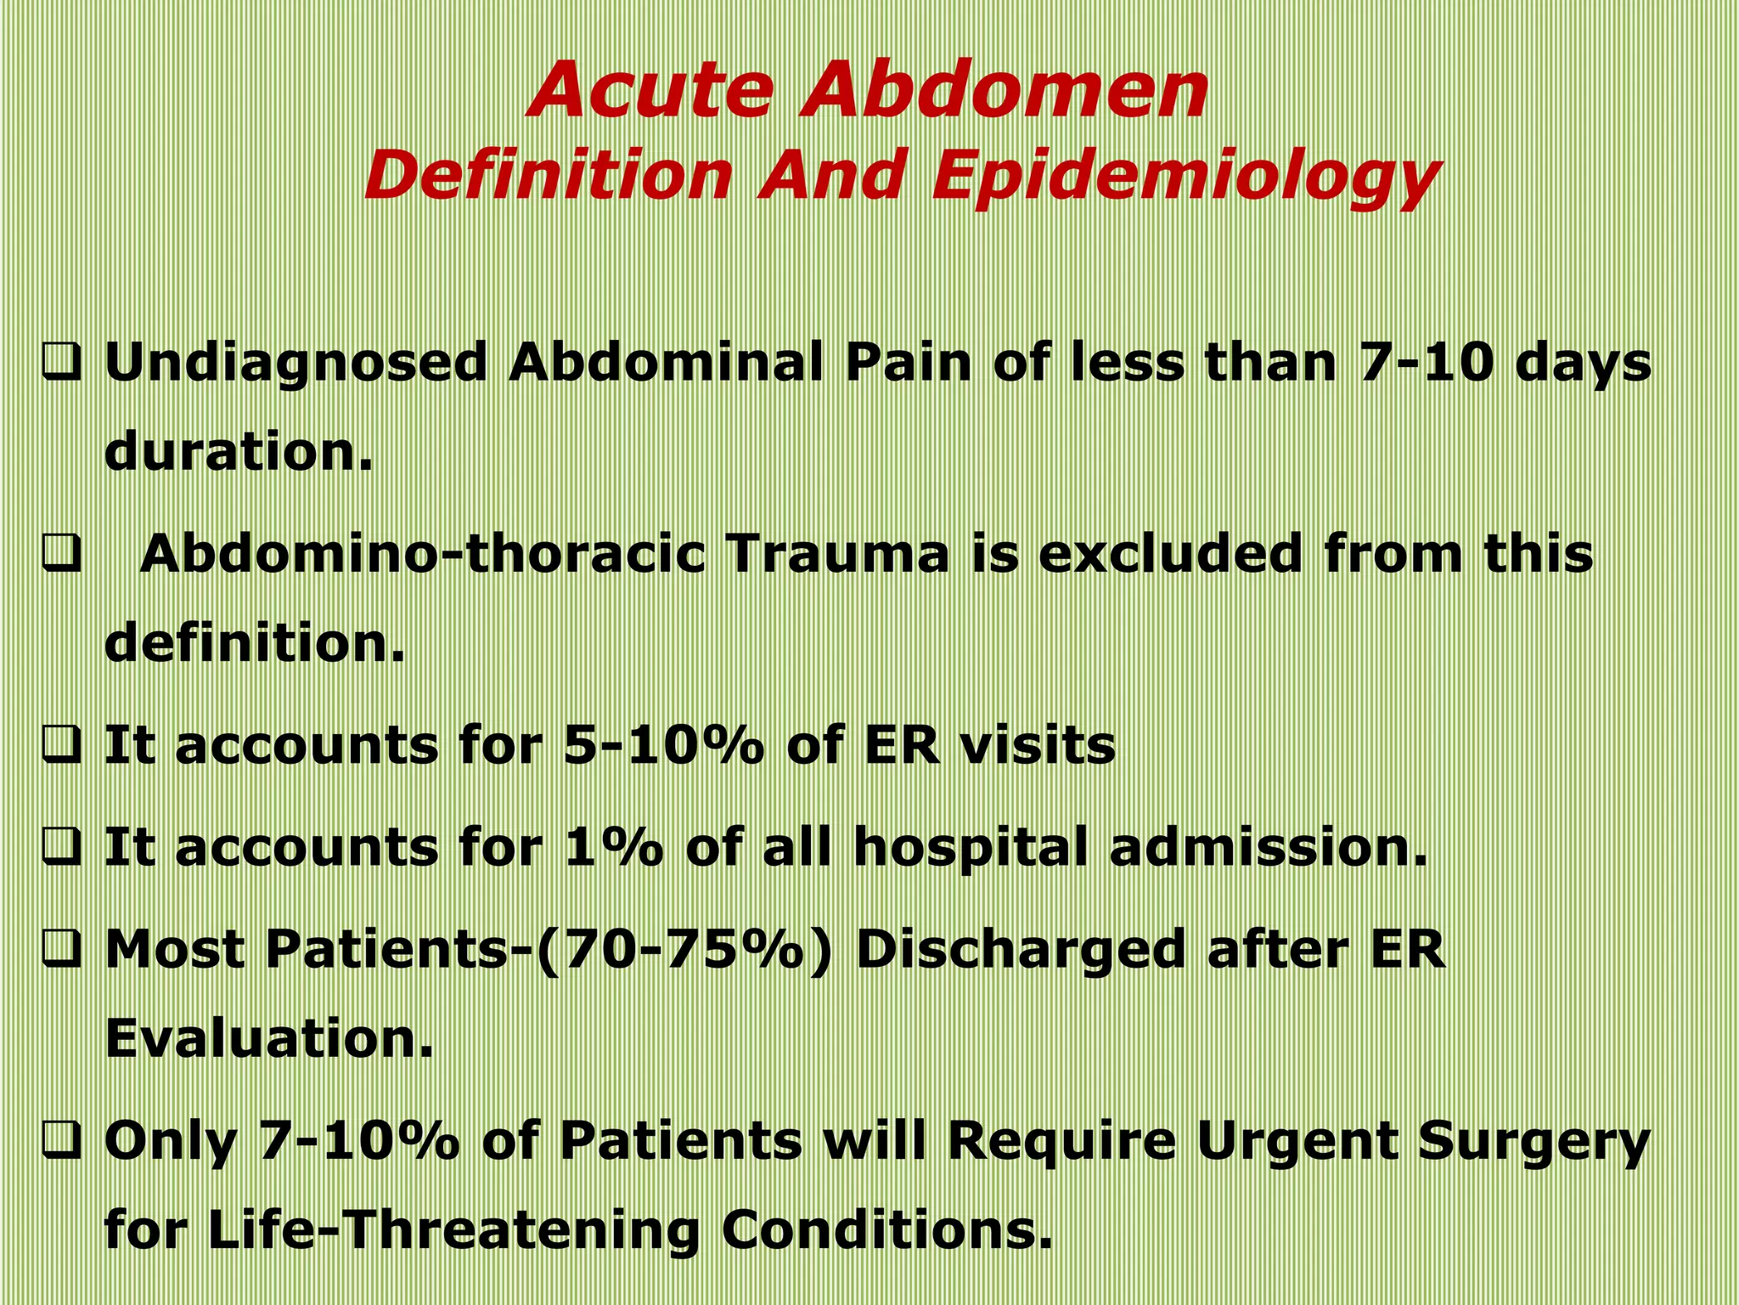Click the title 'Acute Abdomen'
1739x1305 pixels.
868,90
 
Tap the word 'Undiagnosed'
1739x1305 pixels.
295,364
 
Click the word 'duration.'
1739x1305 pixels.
239,451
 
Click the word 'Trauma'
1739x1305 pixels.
836,555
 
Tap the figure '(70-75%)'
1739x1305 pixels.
686,951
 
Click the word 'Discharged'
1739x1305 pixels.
1019,951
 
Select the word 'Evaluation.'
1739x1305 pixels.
268,1038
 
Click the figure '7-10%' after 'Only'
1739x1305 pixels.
358,1141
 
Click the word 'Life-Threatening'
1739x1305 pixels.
453,1230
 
